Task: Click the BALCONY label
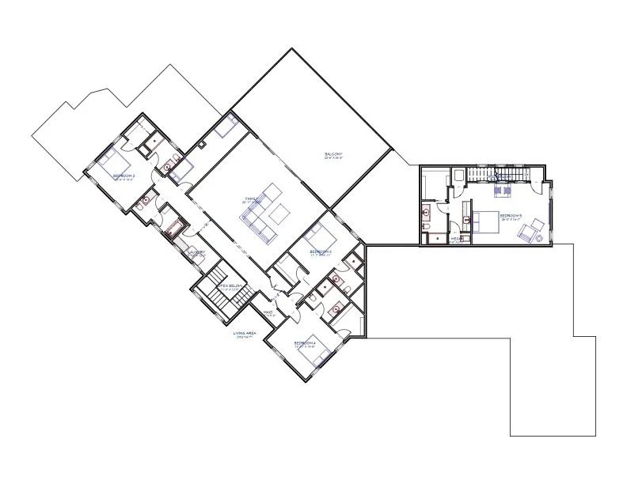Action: [332, 153]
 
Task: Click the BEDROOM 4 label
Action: [305, 342]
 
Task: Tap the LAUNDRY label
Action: [197, 252]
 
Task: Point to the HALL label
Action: [268, 312]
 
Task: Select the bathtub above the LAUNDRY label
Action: [173, 230]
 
